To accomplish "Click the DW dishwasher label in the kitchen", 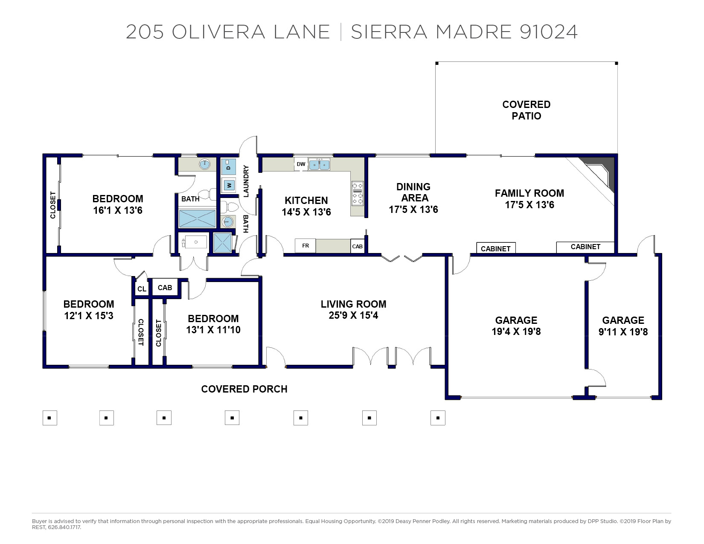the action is click(x=301, y=164).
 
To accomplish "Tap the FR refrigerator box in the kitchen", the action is click(x=305, y=246).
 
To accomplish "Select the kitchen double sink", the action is click(x=319, y=164).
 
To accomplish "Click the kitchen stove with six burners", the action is click(x=358, y=193).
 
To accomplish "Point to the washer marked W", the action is click(x=228, y=185).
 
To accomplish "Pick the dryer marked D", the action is click(x=228, y=166).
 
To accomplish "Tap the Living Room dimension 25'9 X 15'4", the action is click(x=353, y=315).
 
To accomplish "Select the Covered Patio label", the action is click(x=526, y=110).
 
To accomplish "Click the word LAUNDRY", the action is click(x=246, y=181).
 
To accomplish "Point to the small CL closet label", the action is click(x=142, y=289).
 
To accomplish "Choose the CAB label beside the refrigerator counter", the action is click(x=358, y=246).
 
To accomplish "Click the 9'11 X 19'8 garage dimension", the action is click(x=623, y=332).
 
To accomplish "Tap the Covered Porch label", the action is click(x=244, y=389).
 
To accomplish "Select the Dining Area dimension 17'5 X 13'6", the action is click(x=413, y=209).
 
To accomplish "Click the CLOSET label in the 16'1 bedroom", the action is click(x=53, y=205).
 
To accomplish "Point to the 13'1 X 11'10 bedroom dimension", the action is click(x=213, y=330).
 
